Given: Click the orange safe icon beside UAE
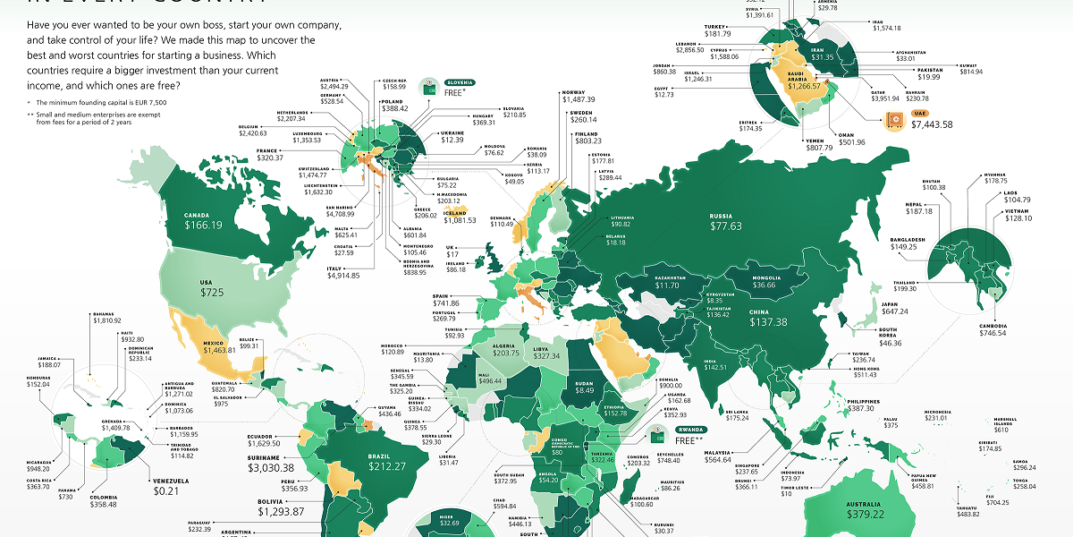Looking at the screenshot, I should (x=895, y=124).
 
